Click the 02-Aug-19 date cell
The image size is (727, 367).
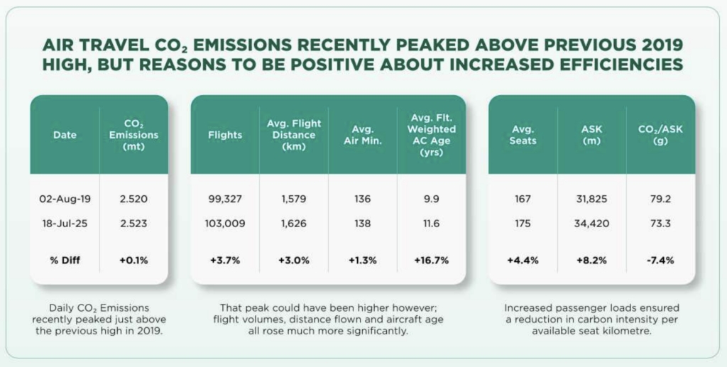64,199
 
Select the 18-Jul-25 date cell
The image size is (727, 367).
64,223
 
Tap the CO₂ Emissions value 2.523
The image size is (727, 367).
134,223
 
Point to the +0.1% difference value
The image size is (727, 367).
134,261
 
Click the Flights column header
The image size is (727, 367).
225,134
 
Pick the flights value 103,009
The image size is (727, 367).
225,223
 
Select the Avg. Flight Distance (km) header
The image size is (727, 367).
294,134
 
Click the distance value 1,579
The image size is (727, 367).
294,199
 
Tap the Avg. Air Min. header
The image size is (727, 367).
363,134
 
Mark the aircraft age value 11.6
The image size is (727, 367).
431,223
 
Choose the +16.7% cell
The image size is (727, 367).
431,261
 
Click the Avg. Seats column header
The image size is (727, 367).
523,134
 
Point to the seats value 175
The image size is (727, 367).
523,223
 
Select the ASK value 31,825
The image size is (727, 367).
591,199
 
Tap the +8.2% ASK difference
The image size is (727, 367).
591,261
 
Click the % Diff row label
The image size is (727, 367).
64,261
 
